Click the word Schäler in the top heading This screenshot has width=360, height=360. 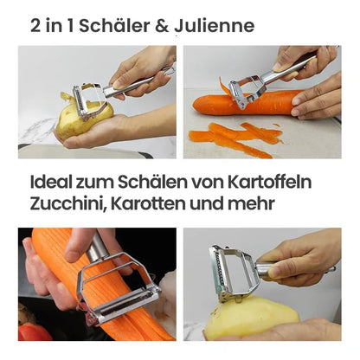(114, 25)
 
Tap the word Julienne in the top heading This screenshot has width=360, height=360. (214, 25)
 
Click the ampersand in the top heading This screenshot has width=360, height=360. (162, 26)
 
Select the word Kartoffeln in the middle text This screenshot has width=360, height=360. (269, 182)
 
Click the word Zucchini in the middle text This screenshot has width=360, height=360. (67, 203)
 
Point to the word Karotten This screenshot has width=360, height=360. (148, 203)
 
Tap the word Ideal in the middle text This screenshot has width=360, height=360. (51, 182)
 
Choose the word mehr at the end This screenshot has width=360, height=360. (251, 203)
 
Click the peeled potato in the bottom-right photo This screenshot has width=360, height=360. (251, 318)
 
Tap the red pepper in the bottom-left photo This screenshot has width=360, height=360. (33, 331)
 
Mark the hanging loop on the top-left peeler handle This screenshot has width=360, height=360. (169, 71)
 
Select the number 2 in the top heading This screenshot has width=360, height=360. (35, 26)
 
